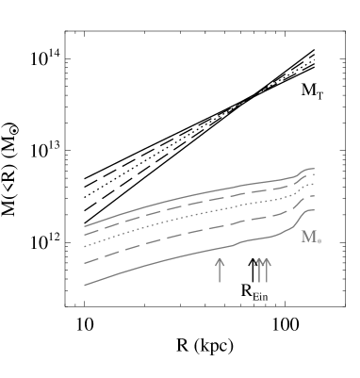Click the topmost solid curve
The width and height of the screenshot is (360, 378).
click(x=188, y=196)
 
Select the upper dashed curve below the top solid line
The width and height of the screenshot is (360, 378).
click(x=188, y=205)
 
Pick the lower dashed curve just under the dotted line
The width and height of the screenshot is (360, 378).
click(x=188, y=232)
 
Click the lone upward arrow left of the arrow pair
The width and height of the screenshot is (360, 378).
click(x=221, y=270)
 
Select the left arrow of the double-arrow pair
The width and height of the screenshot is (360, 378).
click(x=259, y=270)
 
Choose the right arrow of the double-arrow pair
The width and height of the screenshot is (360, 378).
click(x=268, y=270)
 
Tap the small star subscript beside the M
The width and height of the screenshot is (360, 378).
click(x=319, y=241)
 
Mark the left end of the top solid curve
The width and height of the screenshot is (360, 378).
click(x=85, y=226)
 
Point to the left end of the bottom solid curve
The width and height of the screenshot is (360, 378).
click(x=85, y=284)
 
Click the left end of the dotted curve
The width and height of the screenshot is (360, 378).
click(x=85, y=247)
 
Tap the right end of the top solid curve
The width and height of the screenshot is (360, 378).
click(x=314, y=169)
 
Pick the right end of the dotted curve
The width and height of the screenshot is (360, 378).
click(x=314, y=186)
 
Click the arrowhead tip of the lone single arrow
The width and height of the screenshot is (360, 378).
click(x=221, y=257)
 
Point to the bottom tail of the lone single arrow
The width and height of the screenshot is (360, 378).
click(x=221, y=282)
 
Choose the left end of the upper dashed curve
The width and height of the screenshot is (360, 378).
click(x=85, y=236)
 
